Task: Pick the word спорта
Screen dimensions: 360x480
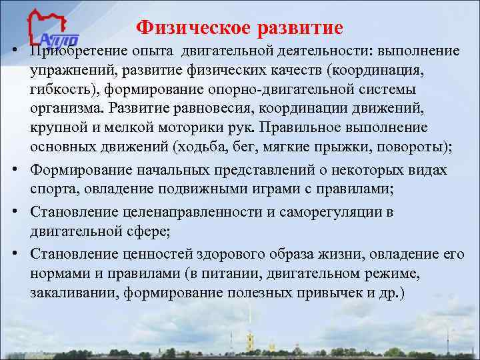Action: tap(49, 189)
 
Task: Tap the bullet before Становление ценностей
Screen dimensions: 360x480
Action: tap(14, 254)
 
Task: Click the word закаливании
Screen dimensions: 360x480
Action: tap(69, 293)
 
